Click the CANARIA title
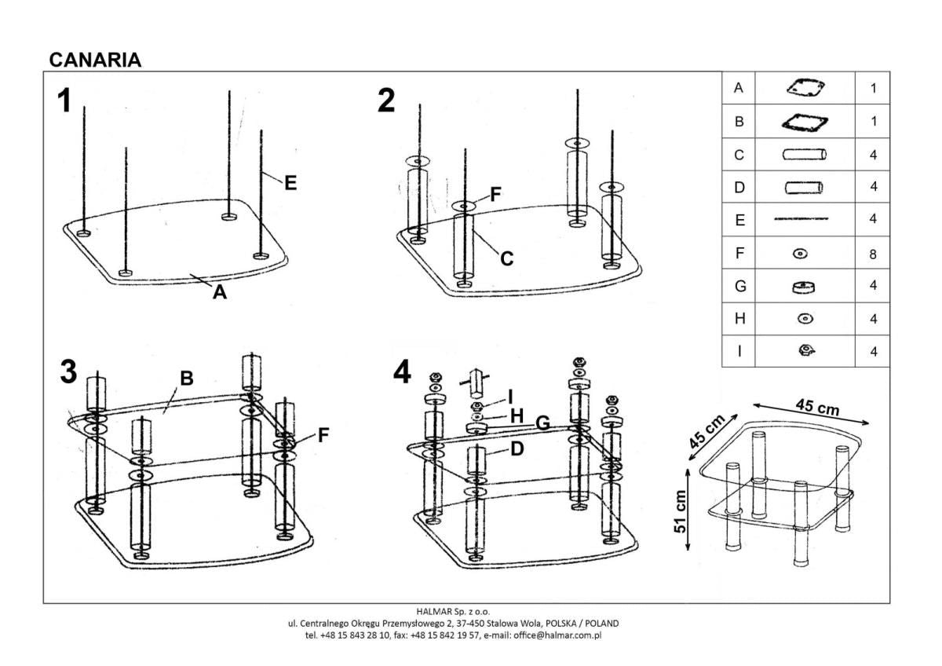click(x=95, y=60)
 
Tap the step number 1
click(x=64, y=101)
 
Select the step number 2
click(x=386, y=101)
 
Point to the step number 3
click(x=68, y=372)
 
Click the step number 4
click(x=402, y=372)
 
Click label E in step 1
click(x=290, y=183)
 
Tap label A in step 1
click(x=220, y=293)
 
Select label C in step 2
click(x=507, y=258)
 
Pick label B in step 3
click(x=186, y=379)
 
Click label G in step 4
click(x=541, y=423)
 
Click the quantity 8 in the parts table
click(x=873, y=254)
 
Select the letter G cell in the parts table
click(x=739, y=287)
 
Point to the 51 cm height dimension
click(x=681, y=511)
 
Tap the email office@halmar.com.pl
click(x=557, y=635)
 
